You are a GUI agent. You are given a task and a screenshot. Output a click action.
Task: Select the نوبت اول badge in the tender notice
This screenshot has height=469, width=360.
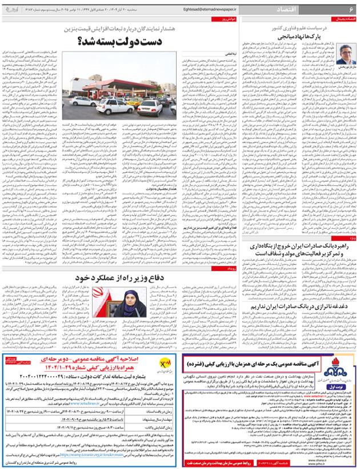tap(340, 388)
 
